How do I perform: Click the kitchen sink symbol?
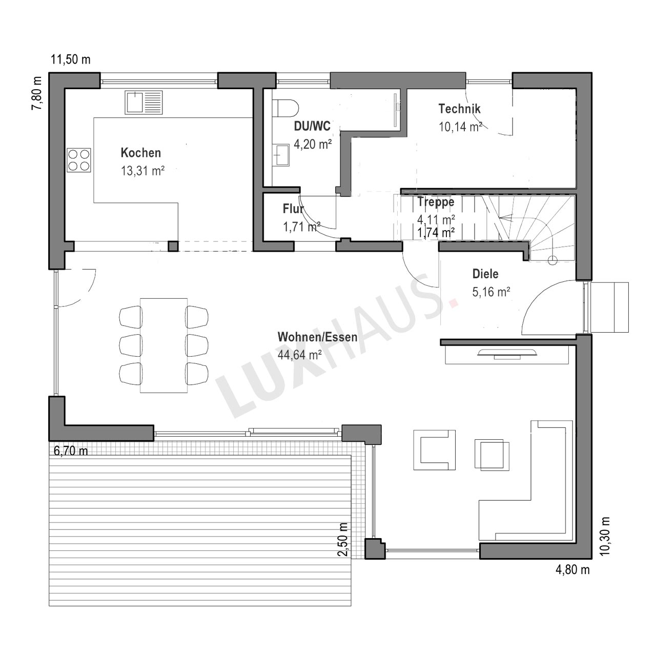point(143,102)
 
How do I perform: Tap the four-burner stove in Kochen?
point(78,160)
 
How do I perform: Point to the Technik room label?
point(459,109)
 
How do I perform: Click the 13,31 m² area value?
point(142,171)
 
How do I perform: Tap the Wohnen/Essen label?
point(317,337)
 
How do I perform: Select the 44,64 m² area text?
point(300,355)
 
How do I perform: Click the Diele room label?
point(485,274)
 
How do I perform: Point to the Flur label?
point(293,209)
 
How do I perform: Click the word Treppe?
point(436,201)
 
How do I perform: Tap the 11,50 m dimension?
point(70,59)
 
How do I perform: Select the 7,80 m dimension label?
point(36,93)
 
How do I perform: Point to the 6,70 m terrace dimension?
point(71,450)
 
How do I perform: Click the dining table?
point(164,345)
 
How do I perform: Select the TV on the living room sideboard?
point(507,353)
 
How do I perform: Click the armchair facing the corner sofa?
point(435,450)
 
